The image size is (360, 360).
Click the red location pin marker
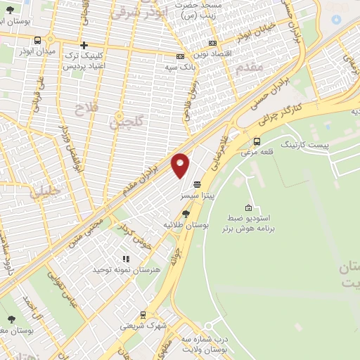180,165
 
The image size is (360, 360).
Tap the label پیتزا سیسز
195,195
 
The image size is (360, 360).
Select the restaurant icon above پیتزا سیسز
195,184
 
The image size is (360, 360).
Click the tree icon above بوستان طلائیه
186,213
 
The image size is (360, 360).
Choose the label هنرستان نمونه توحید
127,269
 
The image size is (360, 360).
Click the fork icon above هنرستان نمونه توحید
126,259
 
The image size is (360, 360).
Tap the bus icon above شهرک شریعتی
143,315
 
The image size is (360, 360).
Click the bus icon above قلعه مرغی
257,141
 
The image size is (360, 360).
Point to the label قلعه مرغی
256,152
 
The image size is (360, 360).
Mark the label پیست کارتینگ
304,143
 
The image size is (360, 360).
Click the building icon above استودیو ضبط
248,207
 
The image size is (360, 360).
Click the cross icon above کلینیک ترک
84,45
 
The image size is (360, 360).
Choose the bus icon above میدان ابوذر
37,40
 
